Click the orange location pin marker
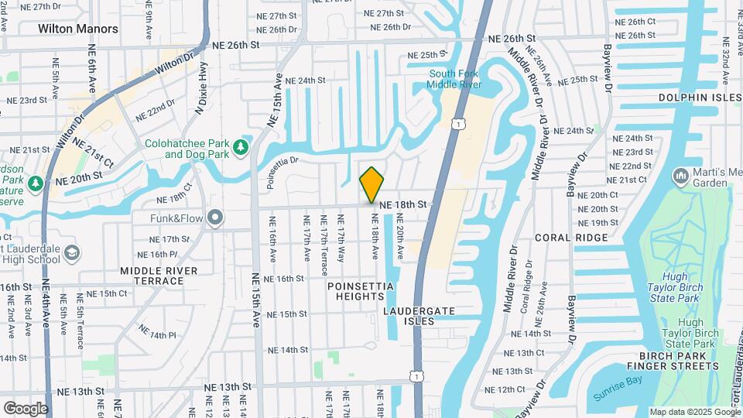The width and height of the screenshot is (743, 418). [372, 184]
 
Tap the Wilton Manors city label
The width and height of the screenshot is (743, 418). [78, 29]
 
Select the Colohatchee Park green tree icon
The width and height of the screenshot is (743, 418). [241, 146]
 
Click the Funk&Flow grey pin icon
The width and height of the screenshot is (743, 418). [216, 218]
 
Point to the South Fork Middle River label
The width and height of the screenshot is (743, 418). [454, 79]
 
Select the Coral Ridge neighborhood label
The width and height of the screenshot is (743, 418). [564, 238]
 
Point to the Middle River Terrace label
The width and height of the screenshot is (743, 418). [159, 276]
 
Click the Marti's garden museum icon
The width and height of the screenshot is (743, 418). [681, 176]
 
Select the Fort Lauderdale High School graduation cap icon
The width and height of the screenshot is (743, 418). [72, 252]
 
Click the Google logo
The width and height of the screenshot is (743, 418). [26, 408]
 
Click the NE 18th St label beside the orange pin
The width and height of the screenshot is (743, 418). [403, 204]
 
